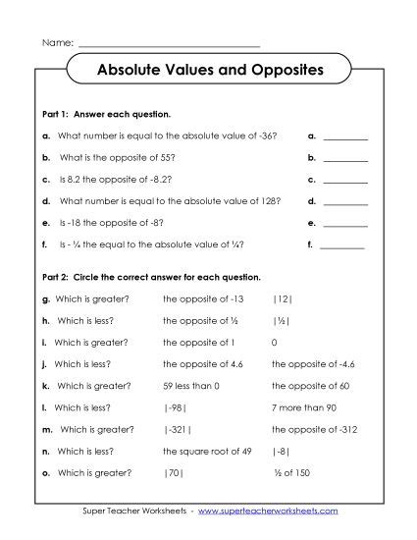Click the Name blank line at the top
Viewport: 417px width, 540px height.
(x=169, y=46)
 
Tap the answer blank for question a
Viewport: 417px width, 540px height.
(x=344, y=137)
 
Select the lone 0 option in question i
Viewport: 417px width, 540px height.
(x=274, y=342)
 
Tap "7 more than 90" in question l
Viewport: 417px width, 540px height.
(x=304, y=406)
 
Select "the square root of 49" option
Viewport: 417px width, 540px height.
(x=206, y=450)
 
